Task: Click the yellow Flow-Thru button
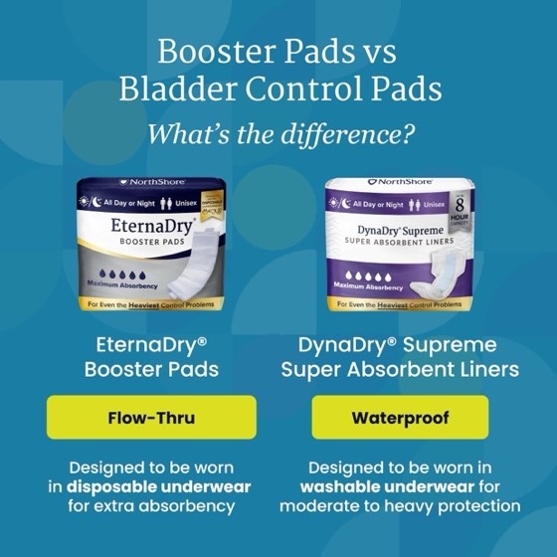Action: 151,417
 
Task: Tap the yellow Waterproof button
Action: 400,417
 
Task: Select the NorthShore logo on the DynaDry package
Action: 400,182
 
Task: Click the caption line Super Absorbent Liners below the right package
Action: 400,369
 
